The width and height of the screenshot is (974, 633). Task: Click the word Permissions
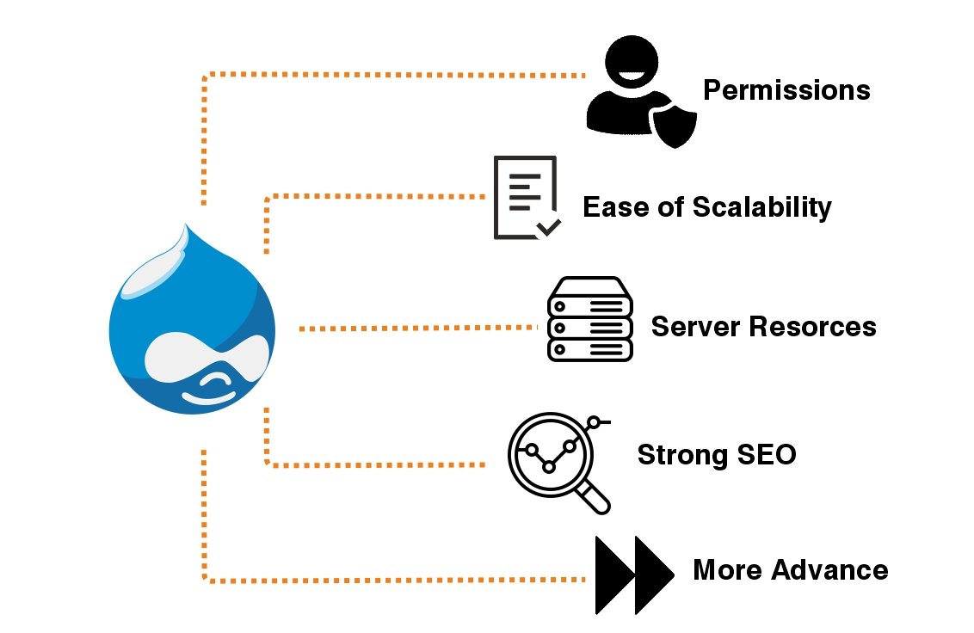click(786, 90)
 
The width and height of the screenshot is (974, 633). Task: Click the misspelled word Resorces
click(812, 327)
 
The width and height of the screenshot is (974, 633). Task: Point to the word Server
click(696, 327)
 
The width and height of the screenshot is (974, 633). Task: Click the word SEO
click(767, 455)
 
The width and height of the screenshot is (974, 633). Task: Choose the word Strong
click(682, 456)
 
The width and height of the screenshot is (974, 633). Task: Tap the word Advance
click(829, 570)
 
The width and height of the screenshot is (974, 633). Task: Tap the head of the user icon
click(631, 62)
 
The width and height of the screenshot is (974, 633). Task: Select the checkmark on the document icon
click(548, 228)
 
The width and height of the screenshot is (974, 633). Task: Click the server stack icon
click(590, 319)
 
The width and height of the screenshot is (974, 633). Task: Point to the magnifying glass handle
click(594, 498)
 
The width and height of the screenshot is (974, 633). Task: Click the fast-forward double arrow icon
click(634, 575)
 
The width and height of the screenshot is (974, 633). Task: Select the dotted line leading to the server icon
click(418, 328)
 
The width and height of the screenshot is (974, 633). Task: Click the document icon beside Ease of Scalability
click(527, 198)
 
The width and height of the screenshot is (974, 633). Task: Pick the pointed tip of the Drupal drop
click(186, 224)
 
